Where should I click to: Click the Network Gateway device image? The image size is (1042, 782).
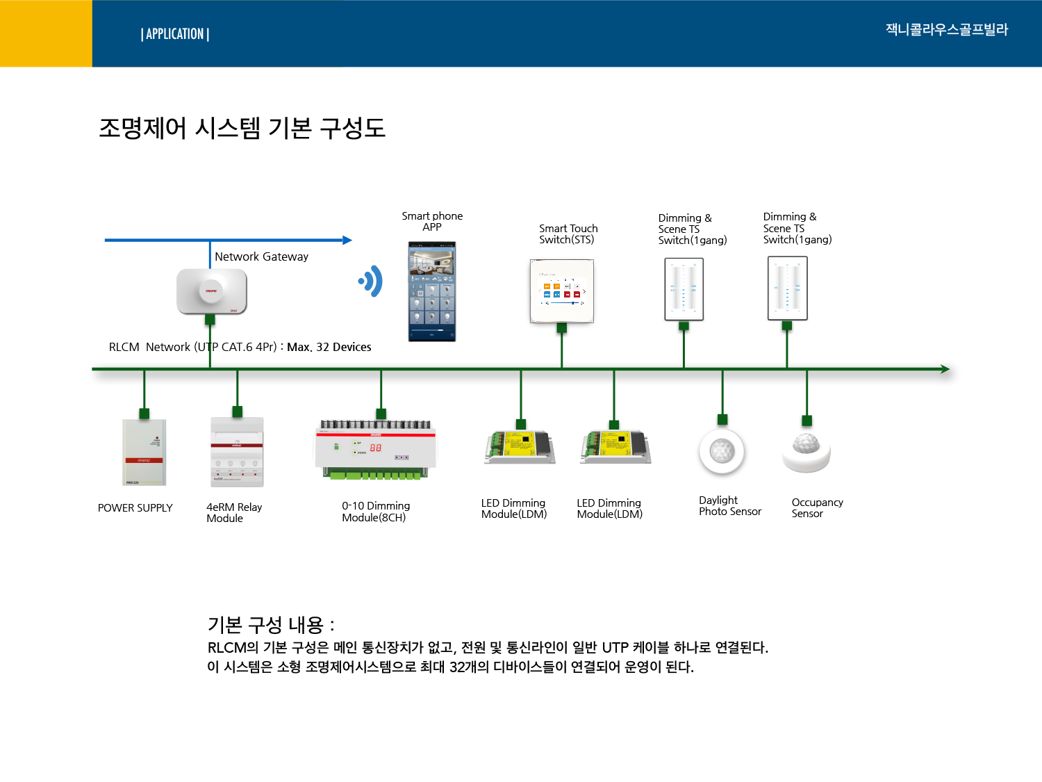(211, 291)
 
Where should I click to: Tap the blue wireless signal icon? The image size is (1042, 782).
(371, 282)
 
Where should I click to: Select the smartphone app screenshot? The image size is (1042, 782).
(431, 291)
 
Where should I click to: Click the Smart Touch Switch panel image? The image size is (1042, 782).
(562, 291)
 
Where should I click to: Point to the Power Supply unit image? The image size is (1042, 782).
(144, 453)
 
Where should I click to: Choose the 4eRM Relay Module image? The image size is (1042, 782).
(237, 453)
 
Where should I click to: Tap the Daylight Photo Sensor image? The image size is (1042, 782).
(722, 451)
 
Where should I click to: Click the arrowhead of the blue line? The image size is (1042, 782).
(347, 241)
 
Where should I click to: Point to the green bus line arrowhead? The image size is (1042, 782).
(945, 369)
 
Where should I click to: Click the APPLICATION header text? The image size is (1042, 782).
(175, 34)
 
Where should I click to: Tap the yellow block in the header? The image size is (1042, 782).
(46, 33)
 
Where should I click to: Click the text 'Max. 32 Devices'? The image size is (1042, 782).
(329, 347)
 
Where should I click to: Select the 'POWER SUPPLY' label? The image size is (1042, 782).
(135, 508)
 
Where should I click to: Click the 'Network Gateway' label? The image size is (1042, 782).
(261, 256)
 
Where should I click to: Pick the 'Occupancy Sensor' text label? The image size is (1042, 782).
(817, 508)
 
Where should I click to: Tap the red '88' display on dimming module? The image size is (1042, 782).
(376, 448)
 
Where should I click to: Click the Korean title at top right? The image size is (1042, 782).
(946, 30)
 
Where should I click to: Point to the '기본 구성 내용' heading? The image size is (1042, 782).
(271, 625)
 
